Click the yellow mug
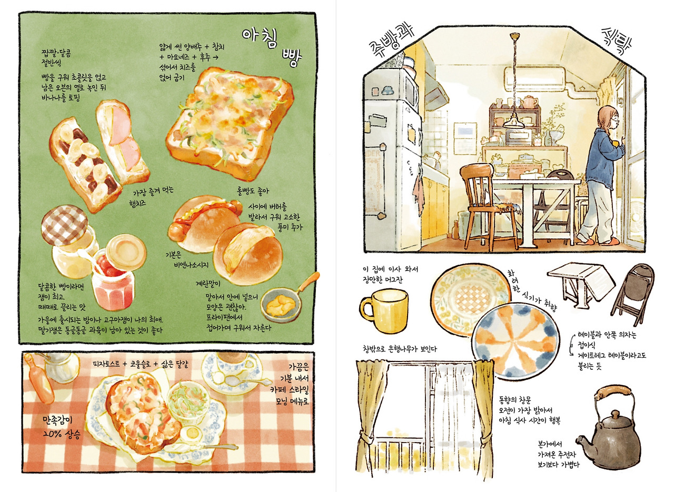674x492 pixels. [x=384, y=310]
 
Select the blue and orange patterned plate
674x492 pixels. [x=516, y=341]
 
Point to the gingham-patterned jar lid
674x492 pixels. [x=64, y=225]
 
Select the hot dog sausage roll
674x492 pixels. [x=205, y=222]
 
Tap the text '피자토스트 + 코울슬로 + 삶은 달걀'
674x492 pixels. [x=142, y=364]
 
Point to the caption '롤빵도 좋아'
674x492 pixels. [x=253, y=191]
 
